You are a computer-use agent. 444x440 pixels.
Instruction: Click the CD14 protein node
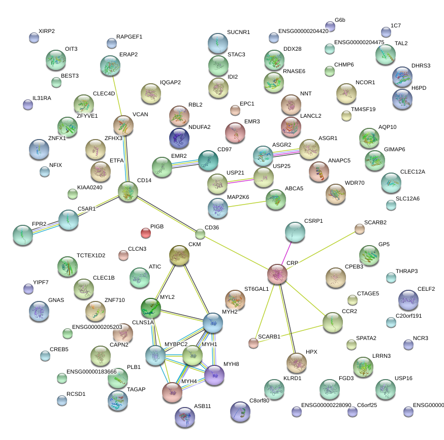[128, 191]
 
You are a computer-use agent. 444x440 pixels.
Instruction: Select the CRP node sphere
[277, 274]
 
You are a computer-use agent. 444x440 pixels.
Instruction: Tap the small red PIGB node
[146, 233]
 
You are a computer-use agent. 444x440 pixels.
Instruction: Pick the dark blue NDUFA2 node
[179, 138]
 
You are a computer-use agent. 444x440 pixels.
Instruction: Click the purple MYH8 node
[214, 375]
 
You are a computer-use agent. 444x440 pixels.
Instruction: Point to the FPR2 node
[23, 234]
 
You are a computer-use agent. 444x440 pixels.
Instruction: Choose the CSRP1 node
[295, 232]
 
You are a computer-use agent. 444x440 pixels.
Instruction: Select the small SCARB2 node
[360, 229]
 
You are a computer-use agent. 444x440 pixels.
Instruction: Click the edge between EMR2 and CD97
[185, 163]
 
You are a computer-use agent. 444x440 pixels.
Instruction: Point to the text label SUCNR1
[238, 32]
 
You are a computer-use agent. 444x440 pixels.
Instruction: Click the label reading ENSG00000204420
[303, 31]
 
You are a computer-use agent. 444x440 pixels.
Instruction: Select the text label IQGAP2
[170, 82]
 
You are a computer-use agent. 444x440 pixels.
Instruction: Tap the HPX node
[297, 362]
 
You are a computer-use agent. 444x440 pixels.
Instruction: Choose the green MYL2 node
[151, 308]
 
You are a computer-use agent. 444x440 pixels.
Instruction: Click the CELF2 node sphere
[409, 300]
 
